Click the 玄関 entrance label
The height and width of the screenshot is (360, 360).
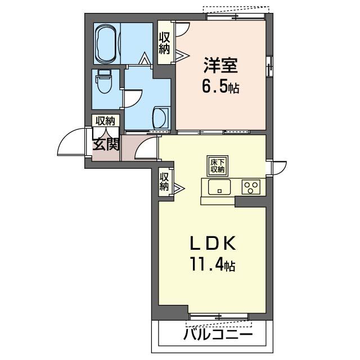click(106, 145)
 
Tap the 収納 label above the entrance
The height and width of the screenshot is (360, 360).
click(105, 120)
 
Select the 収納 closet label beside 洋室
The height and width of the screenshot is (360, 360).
click(164, 43)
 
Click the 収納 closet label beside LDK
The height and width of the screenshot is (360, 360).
click(164, 181)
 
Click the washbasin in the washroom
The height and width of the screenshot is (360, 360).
click(160, 117)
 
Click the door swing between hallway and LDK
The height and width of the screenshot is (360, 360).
click(146, 148)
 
